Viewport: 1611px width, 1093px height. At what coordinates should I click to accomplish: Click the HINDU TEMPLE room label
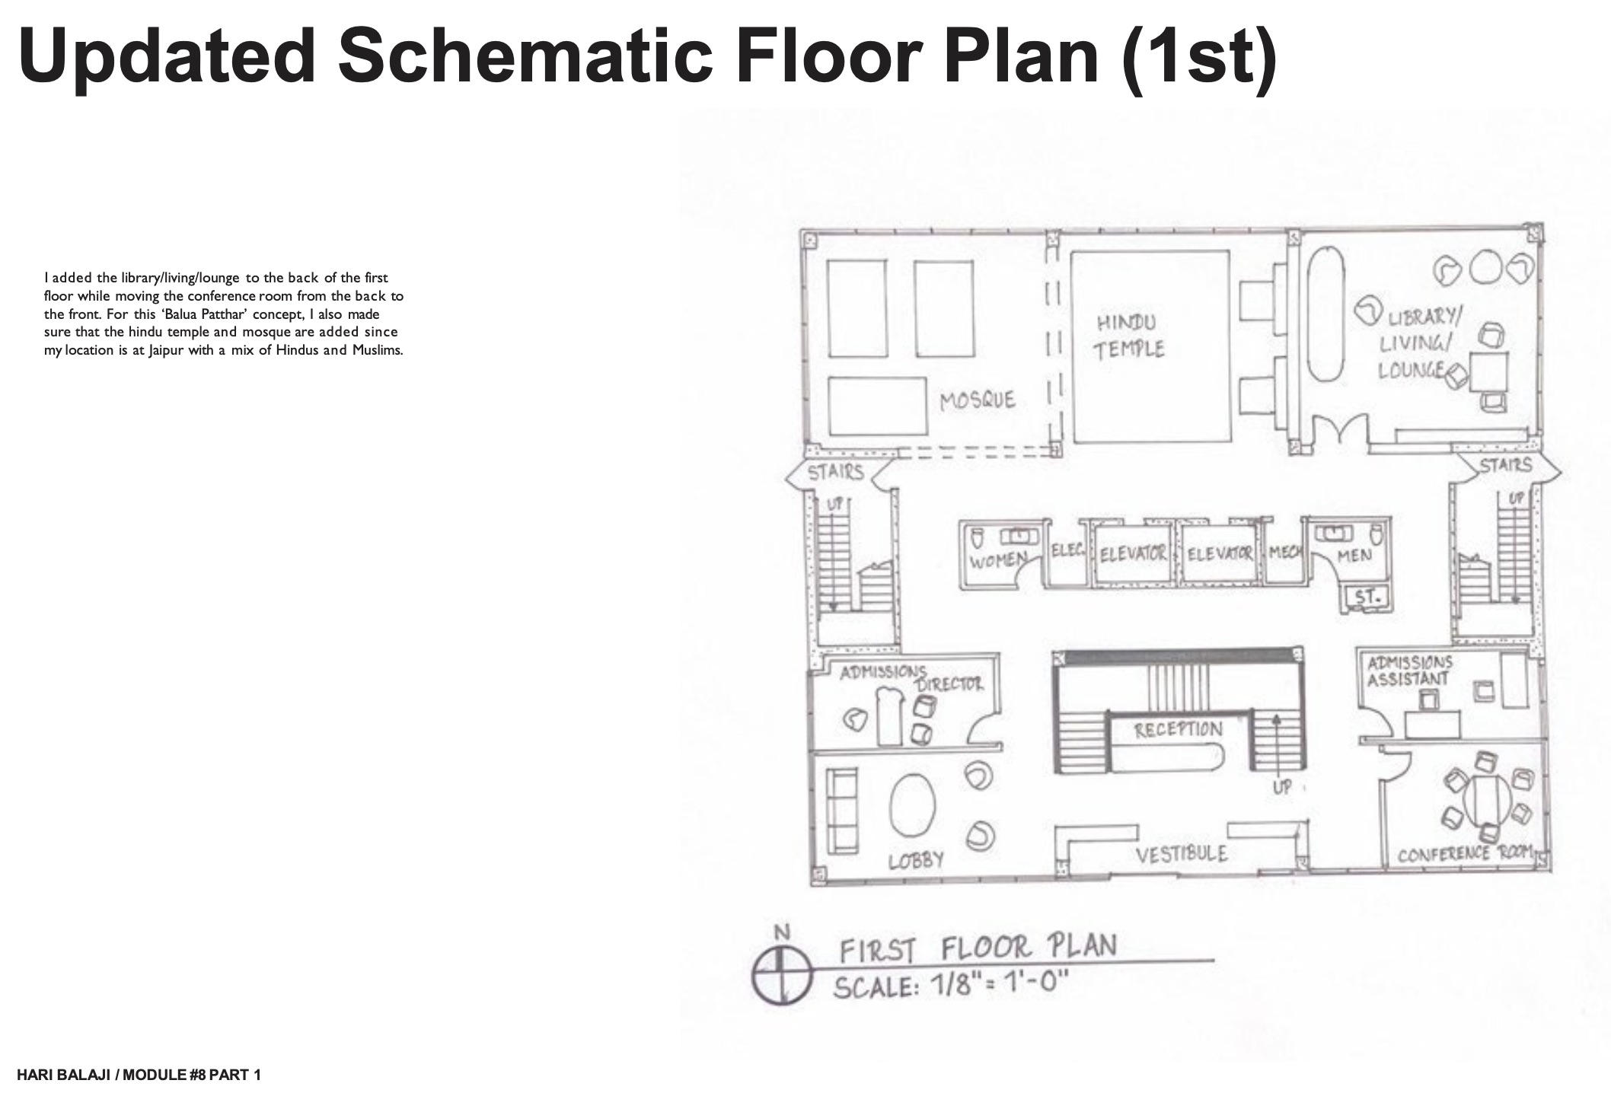pos(1131,336)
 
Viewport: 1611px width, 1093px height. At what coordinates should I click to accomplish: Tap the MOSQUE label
pos(978,400)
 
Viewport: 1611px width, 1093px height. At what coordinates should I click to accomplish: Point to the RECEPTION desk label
pos(1178,730)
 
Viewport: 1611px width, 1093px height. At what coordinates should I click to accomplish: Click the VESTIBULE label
pos(1182,854)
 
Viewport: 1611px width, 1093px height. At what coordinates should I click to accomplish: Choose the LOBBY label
pos(917,860)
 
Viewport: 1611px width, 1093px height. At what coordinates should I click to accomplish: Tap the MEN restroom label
pos(1354,556)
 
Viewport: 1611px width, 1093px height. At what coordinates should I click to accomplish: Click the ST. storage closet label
pos(1367,598)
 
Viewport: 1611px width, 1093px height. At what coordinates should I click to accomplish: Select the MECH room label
pos(1284,553)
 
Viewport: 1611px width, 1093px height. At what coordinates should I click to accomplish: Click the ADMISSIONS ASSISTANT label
pos(1410,671)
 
